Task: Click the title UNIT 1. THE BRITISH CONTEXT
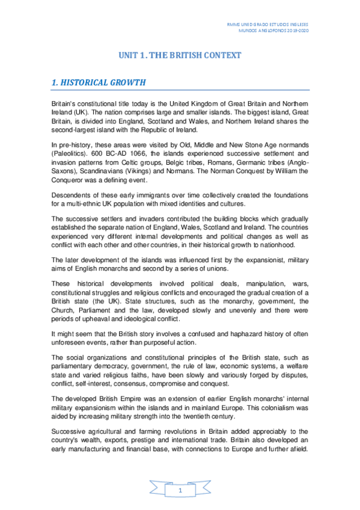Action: pos(180,55)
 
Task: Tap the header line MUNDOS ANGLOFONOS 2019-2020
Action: pos(273,29)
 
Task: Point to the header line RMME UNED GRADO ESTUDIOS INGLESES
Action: pos(270,22)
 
